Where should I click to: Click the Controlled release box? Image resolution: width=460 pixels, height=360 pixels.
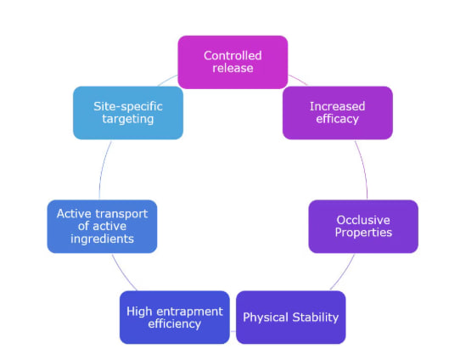(233, 62)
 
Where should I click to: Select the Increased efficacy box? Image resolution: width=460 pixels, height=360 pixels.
(338, 113)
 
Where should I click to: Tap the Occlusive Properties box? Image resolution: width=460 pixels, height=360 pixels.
(363, 226)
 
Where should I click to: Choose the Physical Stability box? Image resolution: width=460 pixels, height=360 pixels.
(291, 318)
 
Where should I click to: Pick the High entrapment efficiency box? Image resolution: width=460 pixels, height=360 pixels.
(175, 318)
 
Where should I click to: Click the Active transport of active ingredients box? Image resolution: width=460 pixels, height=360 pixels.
(102, 226)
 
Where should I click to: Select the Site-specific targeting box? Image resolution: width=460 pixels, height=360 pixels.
(128, 113)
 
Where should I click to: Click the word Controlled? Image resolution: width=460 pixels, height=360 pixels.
(233, 55)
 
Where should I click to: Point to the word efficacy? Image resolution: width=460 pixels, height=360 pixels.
(338, 119)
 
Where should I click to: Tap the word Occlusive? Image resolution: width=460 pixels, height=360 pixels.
(363, 220)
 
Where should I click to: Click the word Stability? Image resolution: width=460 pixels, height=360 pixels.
(316, 318)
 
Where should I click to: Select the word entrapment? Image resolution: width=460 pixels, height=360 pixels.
(192, 312)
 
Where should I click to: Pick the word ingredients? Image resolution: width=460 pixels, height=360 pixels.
(102, 239)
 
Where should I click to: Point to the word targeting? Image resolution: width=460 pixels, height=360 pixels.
(128, 119)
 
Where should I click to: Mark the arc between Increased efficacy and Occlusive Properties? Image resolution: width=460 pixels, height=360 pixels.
(363, 169)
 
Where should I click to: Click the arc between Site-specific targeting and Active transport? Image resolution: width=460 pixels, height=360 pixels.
(103, 169)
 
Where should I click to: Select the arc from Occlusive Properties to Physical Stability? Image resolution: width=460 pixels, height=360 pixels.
(344, 273)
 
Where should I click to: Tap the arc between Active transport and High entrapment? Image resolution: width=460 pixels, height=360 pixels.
(122, 273)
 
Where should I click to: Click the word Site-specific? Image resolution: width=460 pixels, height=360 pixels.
(128, 106)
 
